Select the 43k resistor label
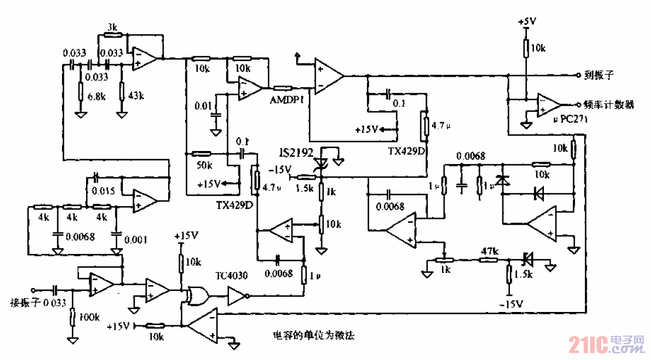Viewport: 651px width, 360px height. click(x=135, y=95)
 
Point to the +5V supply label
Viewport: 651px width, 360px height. click(x=527, y=21)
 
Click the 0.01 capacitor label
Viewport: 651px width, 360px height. click(x=204, y=105)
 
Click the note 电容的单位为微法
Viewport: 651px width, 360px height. click(x=314, y=336)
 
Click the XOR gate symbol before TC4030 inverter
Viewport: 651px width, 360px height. click(x=196, y=295)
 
